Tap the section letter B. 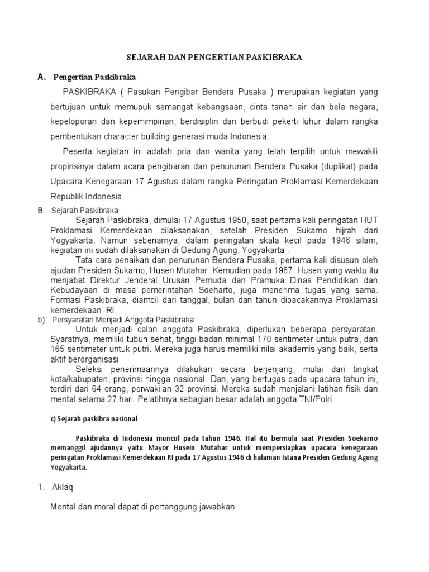41,211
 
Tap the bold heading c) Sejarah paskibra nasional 93,418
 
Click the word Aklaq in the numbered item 66,487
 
